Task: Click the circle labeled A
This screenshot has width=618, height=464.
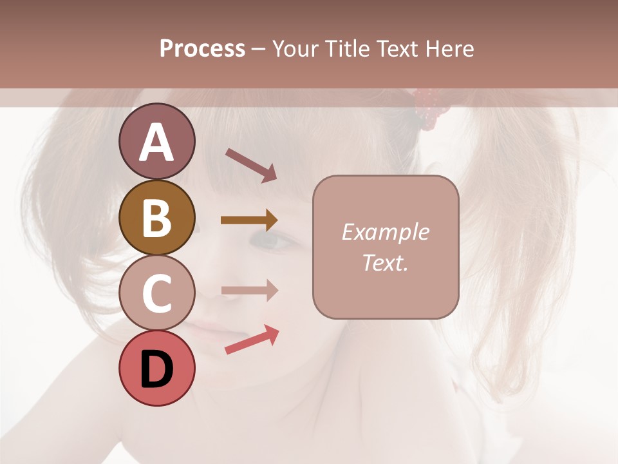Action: pyautogui.click(x=156, y=141)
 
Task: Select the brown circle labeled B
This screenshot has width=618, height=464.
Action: pyautogui.click(x=156, y=217)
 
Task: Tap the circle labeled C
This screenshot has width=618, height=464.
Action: pyautogui.click(x=156, y=293)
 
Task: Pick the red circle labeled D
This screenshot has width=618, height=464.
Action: pyautogui.click(x=156, y=368)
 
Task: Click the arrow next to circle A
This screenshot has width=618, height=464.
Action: pyautogui.click(x=251, y=165)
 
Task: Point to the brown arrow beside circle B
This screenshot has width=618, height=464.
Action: pyautogui.click(x=249, y=220)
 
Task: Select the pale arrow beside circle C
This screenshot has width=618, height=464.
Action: pyautogui.click(x=249, y=291)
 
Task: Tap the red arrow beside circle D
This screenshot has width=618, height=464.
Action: pyautogui.click(x=252, y=340)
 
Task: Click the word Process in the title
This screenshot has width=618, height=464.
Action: pyautogui.click(x=202, y=49)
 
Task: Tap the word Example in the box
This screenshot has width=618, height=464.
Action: pyautogui.click(x=385, y=232)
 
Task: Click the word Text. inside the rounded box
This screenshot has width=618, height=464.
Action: pyautogui.click(x=385, y=263)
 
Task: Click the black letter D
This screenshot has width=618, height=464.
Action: pyautogui.click(x=156, y=369)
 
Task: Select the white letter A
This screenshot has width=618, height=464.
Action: pyautogui.click(x=156, y=142)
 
